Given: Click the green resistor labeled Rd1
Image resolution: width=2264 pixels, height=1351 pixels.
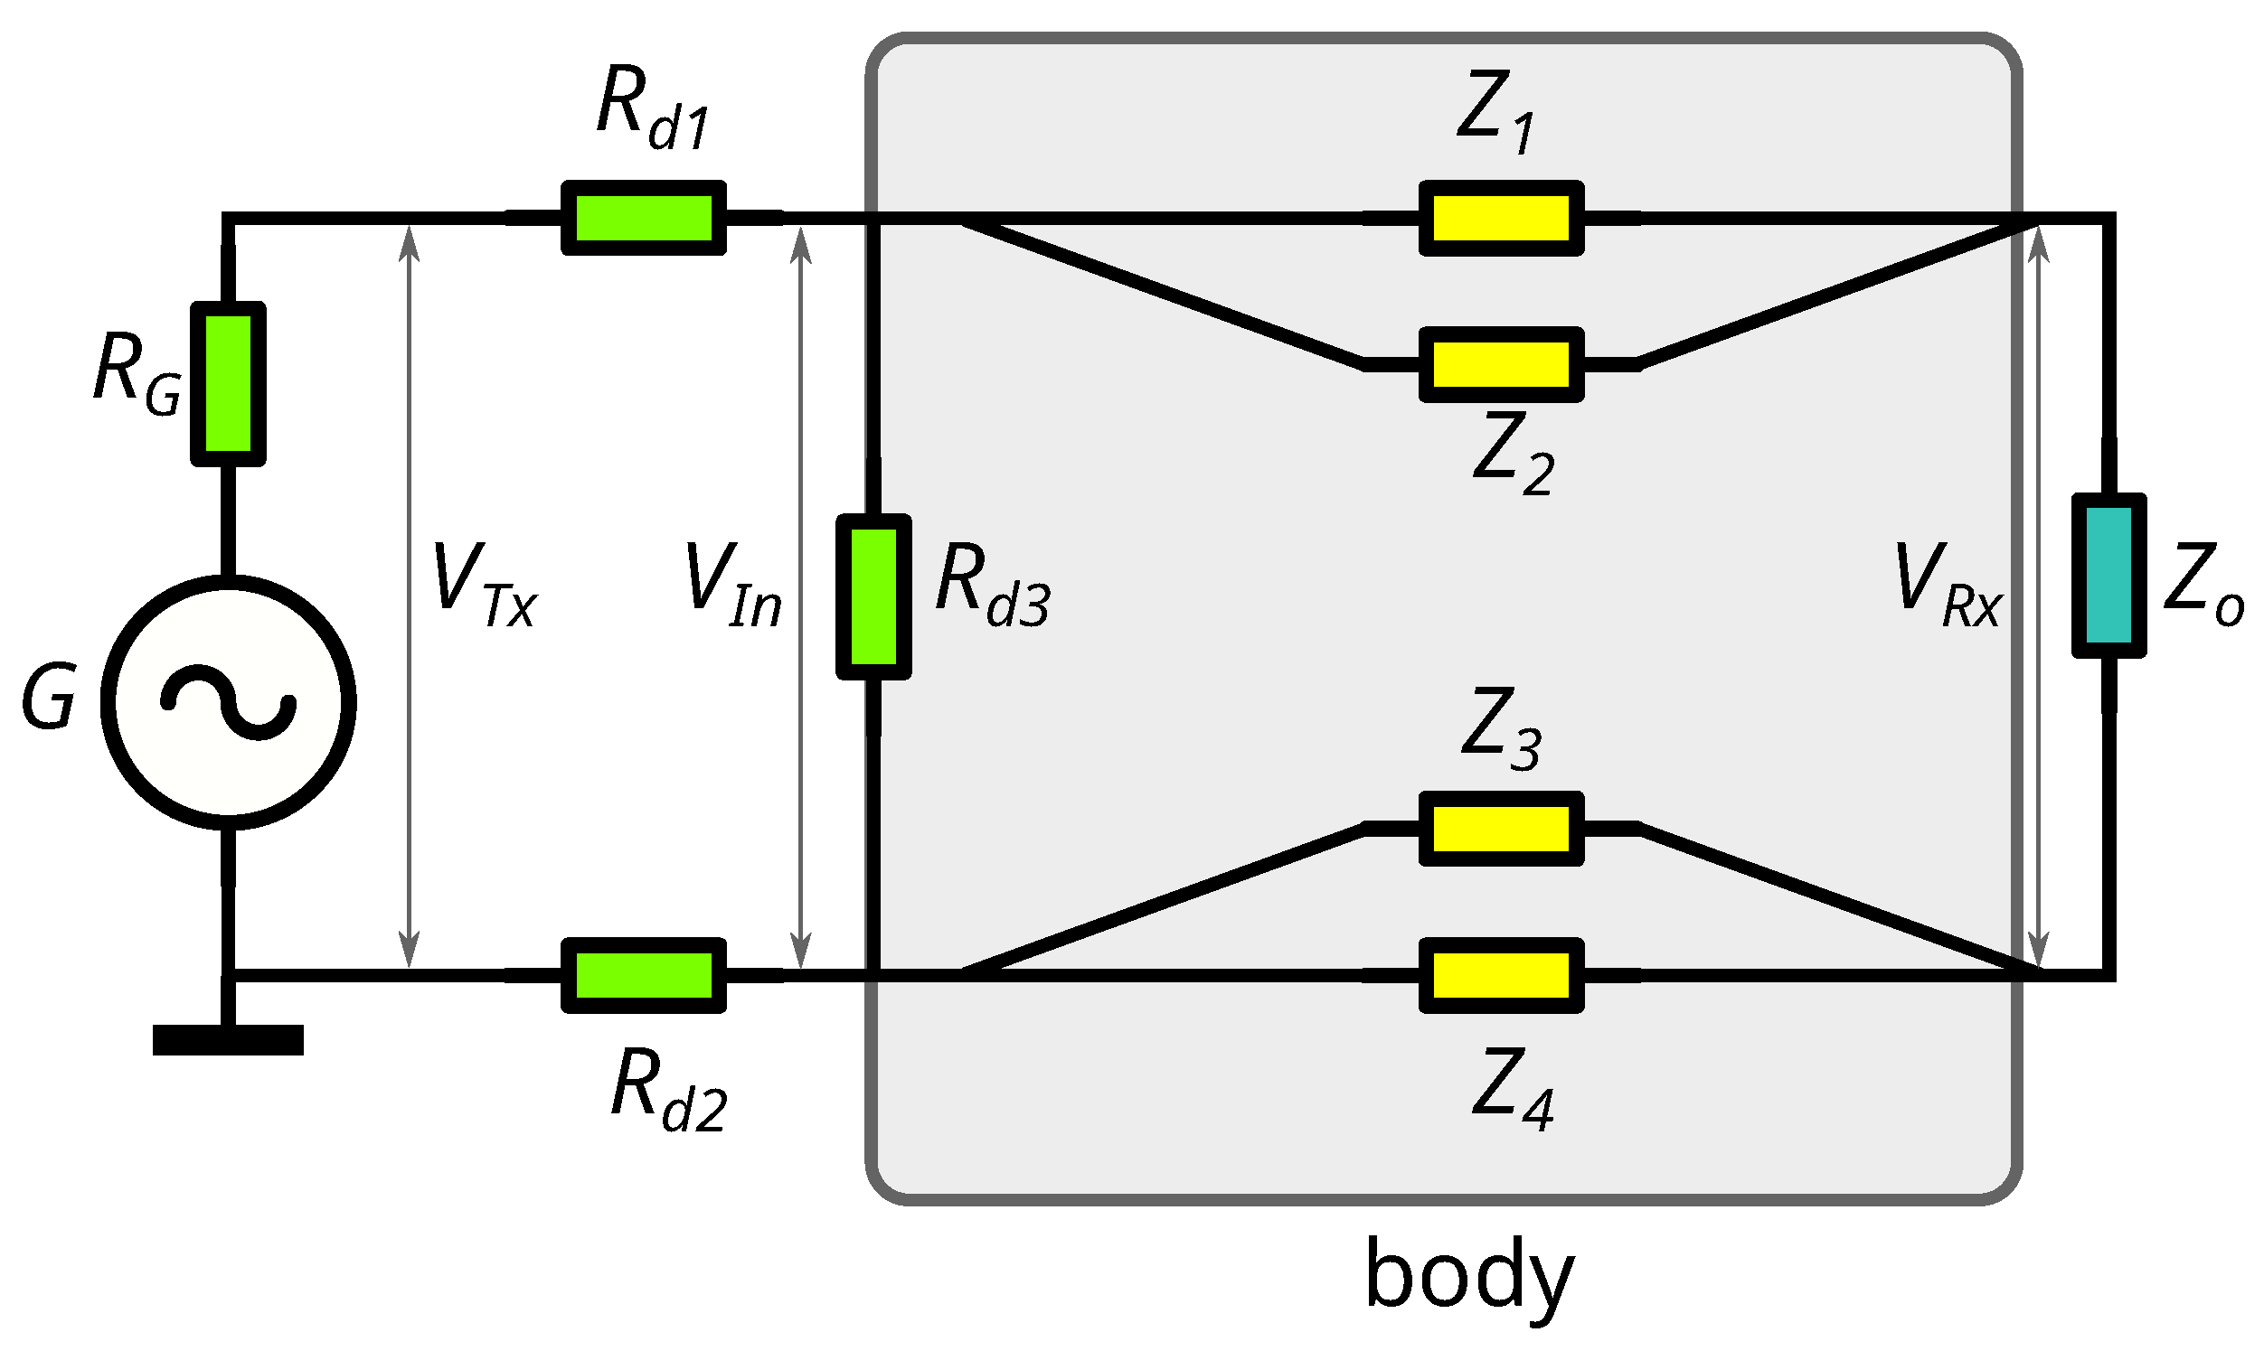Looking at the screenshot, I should pos(643,218).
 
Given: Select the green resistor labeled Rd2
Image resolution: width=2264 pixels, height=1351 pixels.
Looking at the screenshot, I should pos(643,975).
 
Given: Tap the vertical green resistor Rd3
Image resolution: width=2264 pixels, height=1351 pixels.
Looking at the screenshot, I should pos(873,596).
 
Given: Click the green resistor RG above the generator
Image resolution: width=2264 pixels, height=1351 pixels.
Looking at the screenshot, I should pos(228,383).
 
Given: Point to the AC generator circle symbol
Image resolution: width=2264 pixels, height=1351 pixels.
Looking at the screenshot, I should pos(228,702).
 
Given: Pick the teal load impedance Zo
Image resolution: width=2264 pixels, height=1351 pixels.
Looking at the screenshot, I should pos(2108,576).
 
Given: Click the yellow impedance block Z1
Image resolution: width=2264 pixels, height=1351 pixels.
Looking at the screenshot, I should pos(1501,218).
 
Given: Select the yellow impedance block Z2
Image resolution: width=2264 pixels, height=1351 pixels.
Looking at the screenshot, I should pos(1501,364).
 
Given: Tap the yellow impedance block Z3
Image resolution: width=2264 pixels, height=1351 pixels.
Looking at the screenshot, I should pos(1501,829).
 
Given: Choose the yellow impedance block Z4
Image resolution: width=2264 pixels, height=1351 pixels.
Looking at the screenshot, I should pos(1501,975).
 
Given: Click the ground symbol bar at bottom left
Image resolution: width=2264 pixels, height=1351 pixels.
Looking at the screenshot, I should pos(228,1039).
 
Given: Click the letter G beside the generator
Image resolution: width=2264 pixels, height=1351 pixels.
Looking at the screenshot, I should pos(49,697).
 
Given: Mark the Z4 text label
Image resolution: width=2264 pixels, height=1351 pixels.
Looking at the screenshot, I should pos(1512,1088).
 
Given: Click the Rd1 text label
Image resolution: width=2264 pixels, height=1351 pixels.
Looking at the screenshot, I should pos(652,109).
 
